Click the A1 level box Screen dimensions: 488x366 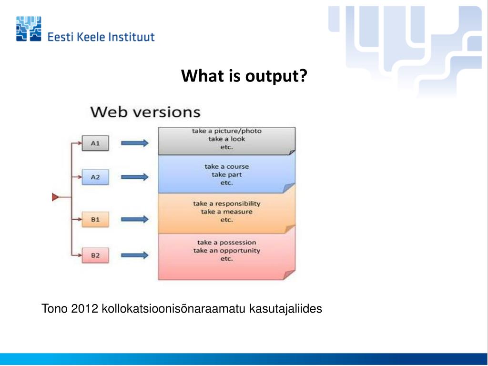[95, 143]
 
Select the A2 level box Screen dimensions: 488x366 [95, 177]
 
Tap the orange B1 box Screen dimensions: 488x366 [95, 220]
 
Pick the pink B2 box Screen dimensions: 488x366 [95, 255]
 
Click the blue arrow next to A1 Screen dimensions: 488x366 [134, 143]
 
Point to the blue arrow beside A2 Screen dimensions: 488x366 [134, 177]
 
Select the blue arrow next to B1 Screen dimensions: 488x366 [134, 220]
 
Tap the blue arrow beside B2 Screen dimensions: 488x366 [134, 255]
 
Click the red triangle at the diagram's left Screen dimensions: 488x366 [56, 197]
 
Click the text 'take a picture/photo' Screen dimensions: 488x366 [227, 131]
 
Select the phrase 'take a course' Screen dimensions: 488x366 [227, 167]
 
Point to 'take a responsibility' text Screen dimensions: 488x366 [227, 203]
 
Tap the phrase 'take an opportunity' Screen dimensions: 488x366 [227, 251]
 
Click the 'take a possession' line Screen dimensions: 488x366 [227, 243]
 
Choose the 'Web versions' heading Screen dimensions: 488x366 [145, 112]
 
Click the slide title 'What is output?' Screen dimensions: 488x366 [244, 75]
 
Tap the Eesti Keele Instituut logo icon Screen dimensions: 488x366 [29, 29]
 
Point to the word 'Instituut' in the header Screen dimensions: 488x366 [133, 37]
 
